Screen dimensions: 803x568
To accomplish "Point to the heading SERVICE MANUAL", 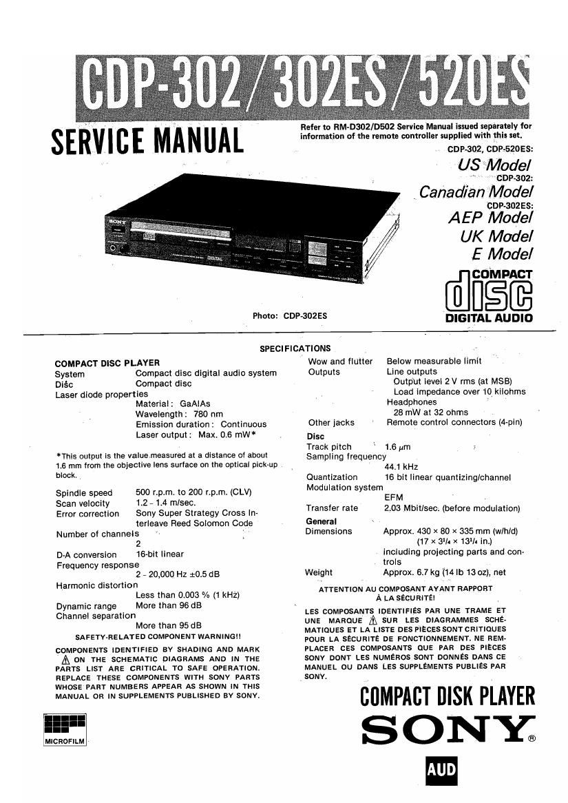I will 147,140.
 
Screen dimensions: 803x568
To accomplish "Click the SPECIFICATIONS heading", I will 295,348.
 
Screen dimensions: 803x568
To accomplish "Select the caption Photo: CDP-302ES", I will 289,316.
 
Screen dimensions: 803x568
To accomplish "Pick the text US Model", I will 494,165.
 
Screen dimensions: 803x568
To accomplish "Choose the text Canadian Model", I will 476,191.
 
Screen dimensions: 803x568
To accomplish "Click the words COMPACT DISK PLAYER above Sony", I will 448,697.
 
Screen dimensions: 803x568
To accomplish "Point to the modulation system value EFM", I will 394,497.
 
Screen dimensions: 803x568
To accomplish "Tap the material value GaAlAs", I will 195,404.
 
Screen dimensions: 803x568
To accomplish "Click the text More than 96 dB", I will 169,606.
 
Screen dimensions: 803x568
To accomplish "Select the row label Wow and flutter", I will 340,361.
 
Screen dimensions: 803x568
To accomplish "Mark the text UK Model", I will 496,236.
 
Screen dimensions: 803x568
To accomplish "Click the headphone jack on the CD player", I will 112,247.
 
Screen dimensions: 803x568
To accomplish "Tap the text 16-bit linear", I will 160,554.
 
